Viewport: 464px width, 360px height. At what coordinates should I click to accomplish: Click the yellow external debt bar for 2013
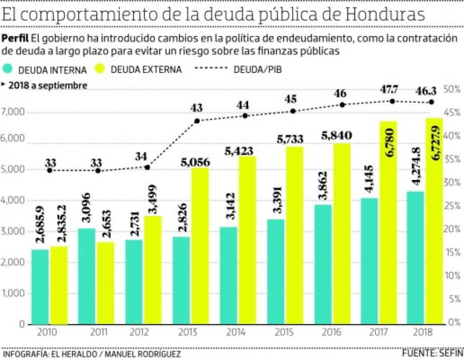click(200, 246)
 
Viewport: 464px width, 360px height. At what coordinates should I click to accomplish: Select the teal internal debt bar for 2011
click(87, 276)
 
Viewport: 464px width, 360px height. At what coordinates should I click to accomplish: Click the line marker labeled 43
click(197, 120)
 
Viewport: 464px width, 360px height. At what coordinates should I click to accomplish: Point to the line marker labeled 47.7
click(392, 101)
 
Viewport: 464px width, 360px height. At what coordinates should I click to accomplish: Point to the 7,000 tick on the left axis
click(14, 112)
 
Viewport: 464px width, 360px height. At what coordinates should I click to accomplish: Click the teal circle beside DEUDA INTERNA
click(9, 69)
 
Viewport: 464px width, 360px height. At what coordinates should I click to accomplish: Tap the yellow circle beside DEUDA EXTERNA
click(101, 69)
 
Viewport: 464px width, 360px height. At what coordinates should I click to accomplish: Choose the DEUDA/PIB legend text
click(258, 69)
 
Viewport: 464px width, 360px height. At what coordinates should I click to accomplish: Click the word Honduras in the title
click(384, 15)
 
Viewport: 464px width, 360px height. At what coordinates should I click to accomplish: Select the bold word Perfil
click(15, 38)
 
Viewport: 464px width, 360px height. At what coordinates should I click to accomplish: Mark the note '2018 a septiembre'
click(47, 85)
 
